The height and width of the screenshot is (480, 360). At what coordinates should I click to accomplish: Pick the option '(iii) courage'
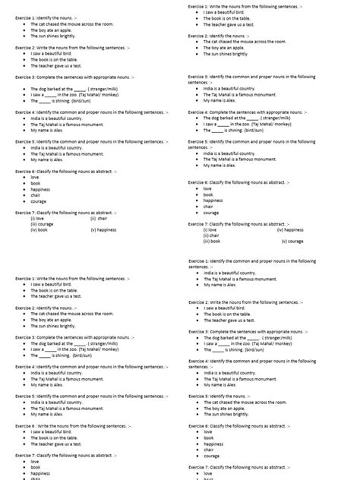[42, 223]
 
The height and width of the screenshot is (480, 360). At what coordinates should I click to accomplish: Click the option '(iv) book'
[39, 229]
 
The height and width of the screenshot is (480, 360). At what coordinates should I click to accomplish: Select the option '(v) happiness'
[103, 229]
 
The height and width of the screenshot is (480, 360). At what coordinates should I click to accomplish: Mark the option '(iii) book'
[212, 241]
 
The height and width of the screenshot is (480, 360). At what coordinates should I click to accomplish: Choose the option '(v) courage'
[292, 241]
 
